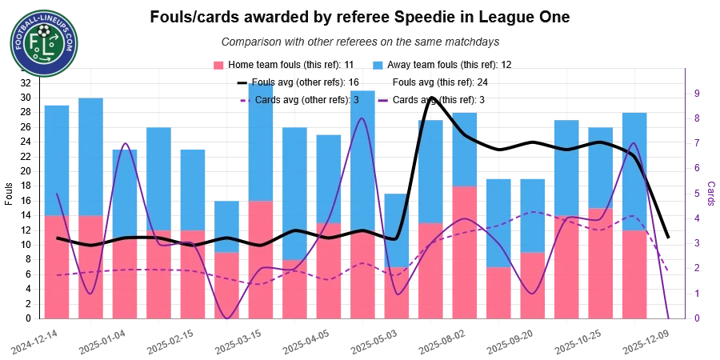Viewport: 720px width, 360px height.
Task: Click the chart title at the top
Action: point(358,29)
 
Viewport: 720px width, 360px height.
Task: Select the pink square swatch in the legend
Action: point(218,64)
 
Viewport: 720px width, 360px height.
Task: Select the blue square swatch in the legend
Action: point(378,64)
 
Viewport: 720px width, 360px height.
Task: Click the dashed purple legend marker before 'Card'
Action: point(245,101)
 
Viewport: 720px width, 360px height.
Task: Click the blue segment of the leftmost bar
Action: point(57,159)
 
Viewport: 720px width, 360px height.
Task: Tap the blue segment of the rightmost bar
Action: point(634,171)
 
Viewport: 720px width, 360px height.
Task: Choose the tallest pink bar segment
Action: point(466,252)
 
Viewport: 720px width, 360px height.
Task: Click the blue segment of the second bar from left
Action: point(90,156)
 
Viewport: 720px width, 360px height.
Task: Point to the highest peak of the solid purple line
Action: point(363,119)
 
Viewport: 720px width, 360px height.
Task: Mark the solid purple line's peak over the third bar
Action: point(124,143)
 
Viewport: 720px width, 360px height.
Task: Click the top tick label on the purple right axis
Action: point(698,94)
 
